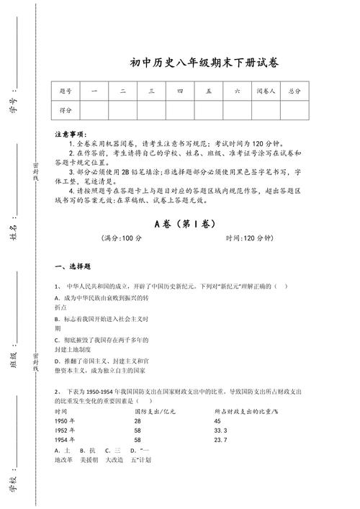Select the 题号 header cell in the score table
[66, 91]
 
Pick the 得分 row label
[66, 109]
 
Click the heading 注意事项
[70, 135]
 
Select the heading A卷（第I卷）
[184, 224]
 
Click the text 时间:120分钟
[248, 238]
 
